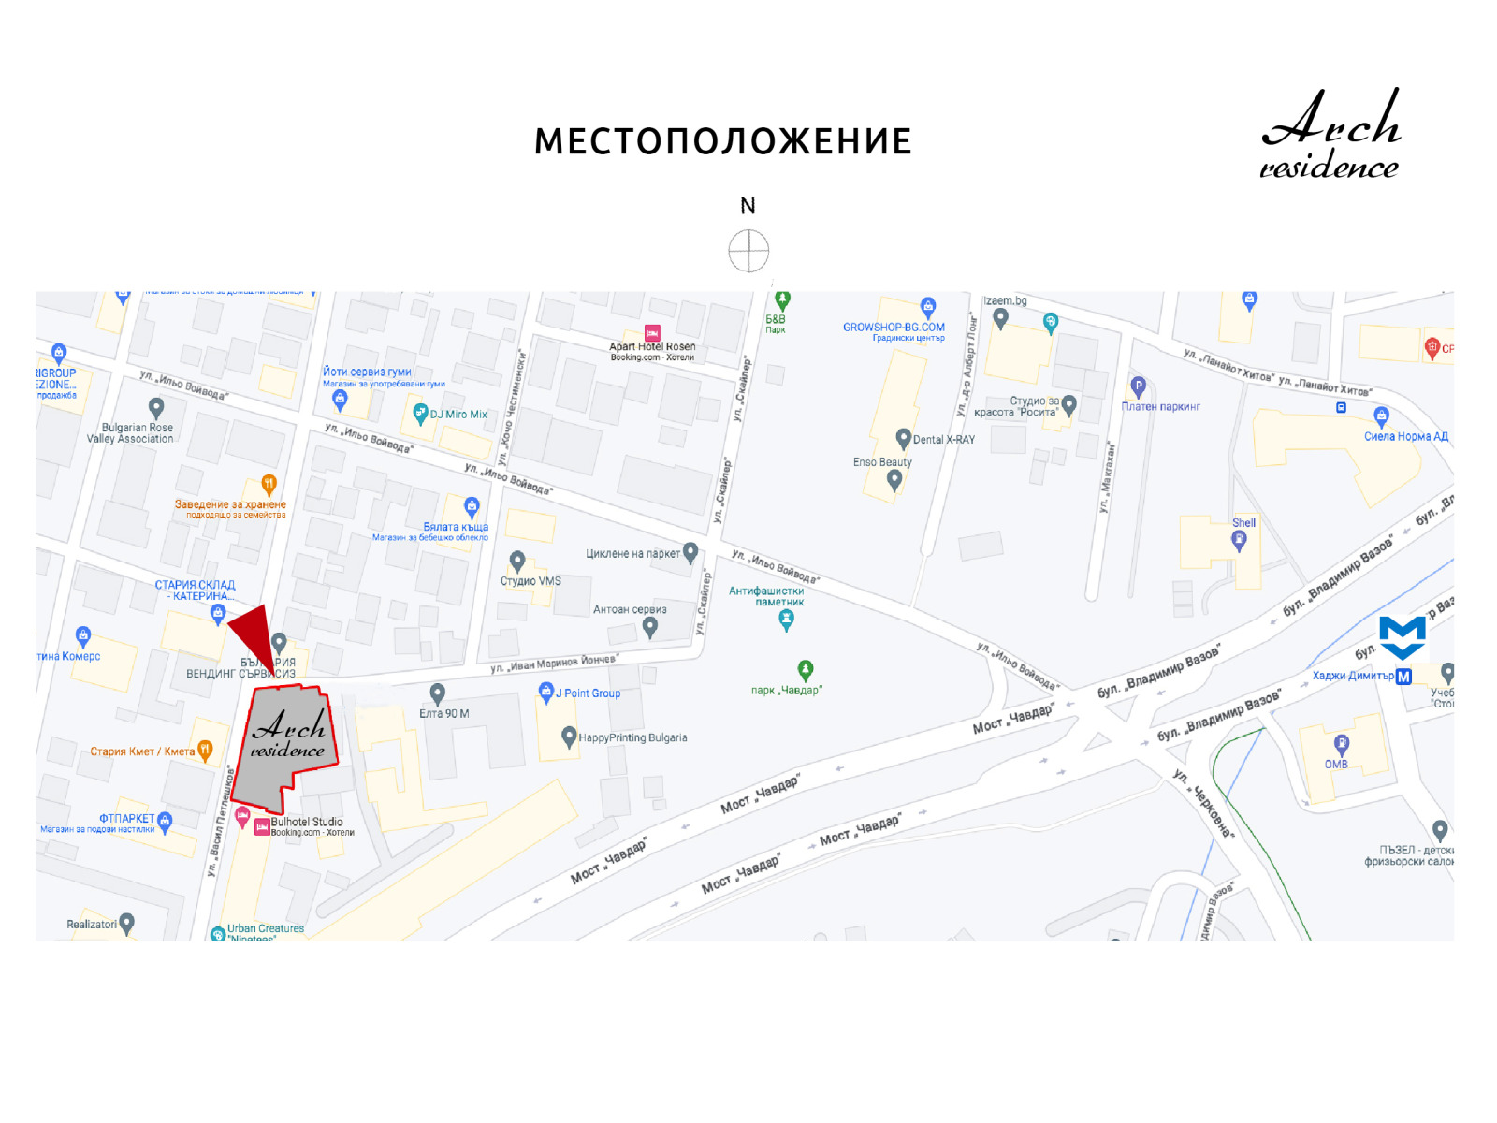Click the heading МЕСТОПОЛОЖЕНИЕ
pyautogui.click(x=722, y=142)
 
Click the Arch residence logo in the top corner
pyautogui.click(x=1330, y=134)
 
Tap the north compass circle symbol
pyautogui.click(x=748, y=251)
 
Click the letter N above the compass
pyautogui.click(x=748, y=206)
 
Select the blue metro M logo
pyautogui.click(x=1402, y=638)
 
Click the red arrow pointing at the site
pyautogui.click(x=254, y=636)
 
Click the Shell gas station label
pyautogui.click(x=1243, y=523)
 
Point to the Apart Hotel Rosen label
pyautogui.click(x=652, y=347)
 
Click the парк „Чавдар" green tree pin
pyautogui.click(x=806, y=670)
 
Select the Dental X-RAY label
pyautogui.click(x=943, y=440)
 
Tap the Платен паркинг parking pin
pyautogui.click(x=1138, y=386)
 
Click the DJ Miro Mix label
pyautogui.click(x=458, y=415)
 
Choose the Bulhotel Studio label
pyautogui.click(x=307, y=823)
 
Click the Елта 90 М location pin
pyautogui.click(x=437, y=693)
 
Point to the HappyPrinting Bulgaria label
pyautogui.click(x=632, y=737)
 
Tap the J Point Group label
pyautogui.click(x=588, y=693)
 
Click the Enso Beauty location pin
pyautogui.click(x=894, y=480)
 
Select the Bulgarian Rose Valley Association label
pyautogui.click(x=131, y=433)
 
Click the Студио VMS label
pyautogui.click(x=530, y=581)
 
